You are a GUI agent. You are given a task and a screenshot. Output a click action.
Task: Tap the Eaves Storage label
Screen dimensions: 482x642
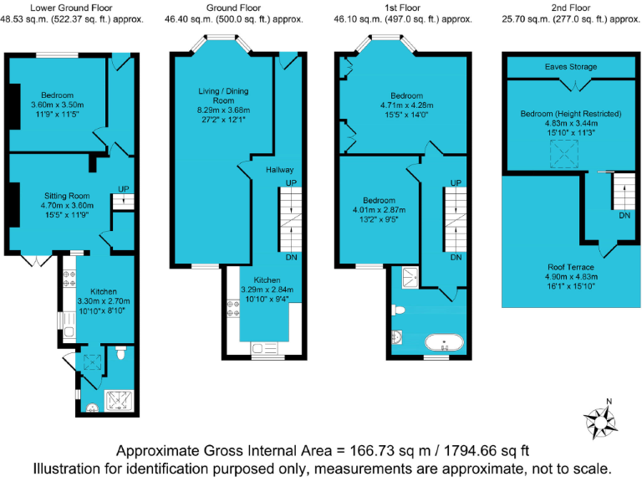click(571, 66)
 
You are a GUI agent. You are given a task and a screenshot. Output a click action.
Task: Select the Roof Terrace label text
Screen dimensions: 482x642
click(572, 266)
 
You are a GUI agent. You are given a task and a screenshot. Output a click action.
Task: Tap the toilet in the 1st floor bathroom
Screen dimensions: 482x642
click(399, 310)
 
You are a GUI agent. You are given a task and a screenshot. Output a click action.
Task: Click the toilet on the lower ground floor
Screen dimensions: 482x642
click(121, 354)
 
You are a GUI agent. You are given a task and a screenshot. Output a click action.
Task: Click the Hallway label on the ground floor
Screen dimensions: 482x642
click(280, 170)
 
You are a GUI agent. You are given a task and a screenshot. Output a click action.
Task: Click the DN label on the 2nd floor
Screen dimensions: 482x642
click(624, 215)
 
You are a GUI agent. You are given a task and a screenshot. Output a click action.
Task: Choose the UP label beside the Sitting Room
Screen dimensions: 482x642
click(123, 188)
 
